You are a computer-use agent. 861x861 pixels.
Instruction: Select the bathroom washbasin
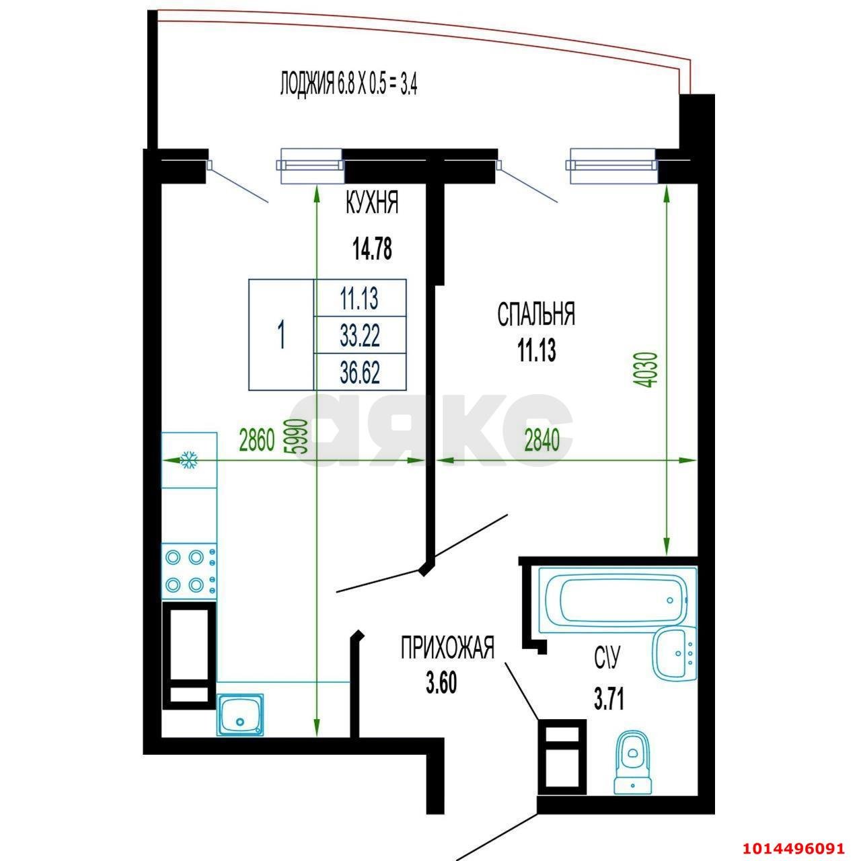pos(675,653)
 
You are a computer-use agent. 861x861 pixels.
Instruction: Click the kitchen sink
pos(239,714)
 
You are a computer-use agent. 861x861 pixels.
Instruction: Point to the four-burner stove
pos(189,570)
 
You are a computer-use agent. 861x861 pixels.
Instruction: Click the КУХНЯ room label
pos(372,203)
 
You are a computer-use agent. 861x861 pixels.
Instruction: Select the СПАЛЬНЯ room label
pos(536,314)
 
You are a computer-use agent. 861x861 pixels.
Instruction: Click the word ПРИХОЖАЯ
pos(447,648)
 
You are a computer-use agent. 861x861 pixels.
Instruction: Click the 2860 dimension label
pos(257,441)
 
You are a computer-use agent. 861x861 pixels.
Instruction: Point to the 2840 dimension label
pos(542,441)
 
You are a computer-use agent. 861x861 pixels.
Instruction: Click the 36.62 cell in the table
pos(360,373)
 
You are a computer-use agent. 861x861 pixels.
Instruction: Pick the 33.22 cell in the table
pos(360,335)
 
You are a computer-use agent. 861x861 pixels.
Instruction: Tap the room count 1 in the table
pos(281,335)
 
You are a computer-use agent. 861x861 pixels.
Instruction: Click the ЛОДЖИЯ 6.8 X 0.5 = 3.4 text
pos(348,86)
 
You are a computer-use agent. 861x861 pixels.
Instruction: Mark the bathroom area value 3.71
pos(609,700)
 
